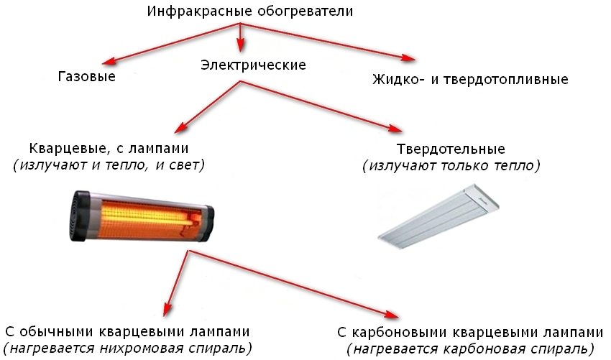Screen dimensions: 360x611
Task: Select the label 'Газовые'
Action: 87,76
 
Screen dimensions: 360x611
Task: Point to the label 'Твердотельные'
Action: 451,149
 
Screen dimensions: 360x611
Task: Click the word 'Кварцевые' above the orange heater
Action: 62,149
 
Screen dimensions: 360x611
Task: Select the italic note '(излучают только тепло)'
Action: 451,166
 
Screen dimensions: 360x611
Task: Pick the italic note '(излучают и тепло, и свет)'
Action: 109,165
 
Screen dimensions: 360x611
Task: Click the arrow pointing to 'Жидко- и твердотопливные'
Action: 331,42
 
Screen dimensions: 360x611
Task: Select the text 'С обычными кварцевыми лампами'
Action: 127,332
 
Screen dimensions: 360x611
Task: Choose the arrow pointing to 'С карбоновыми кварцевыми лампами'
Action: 295,284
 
